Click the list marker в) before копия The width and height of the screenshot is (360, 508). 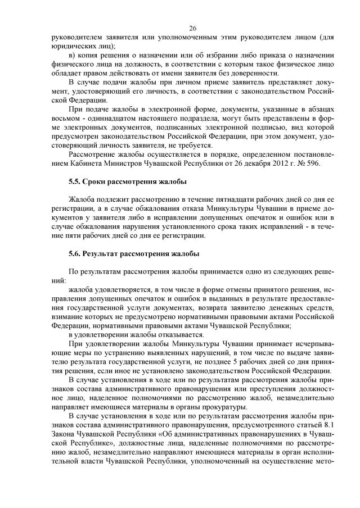72,55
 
